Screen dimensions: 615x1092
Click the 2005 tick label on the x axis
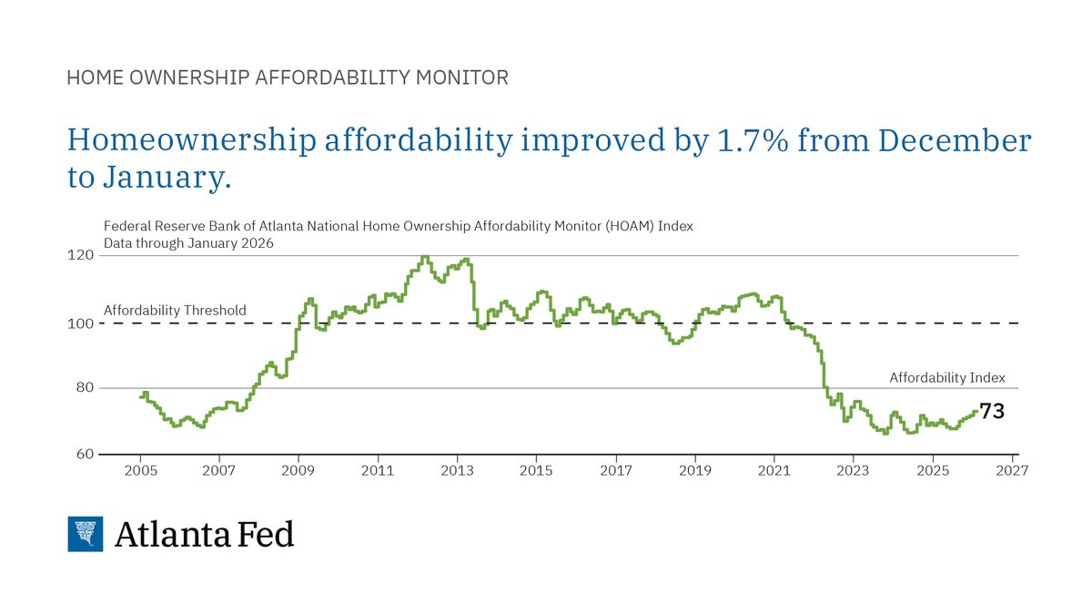coord(141,470)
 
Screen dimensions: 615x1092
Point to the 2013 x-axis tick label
coord(457,470)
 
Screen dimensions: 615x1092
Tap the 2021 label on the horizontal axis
coord(774,470)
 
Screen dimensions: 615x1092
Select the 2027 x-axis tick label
coord(1012,470)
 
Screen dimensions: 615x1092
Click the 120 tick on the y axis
coord(82,255)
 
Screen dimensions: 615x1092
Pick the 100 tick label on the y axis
coord(82,323)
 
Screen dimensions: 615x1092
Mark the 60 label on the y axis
coord(84,454)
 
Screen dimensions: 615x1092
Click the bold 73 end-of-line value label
coord(992,412)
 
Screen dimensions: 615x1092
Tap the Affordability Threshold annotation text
coord(175,310)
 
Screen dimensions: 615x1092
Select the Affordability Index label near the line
coord(947,377)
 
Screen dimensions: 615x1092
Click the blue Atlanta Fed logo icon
coord(86,534)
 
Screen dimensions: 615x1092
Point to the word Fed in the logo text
coord(266,534)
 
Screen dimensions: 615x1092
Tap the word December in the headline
coord(945,140)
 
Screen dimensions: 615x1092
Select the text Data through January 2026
coord(188,243)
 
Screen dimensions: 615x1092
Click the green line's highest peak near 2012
coord(425,257)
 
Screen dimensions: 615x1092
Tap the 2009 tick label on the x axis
coord(298,470)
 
